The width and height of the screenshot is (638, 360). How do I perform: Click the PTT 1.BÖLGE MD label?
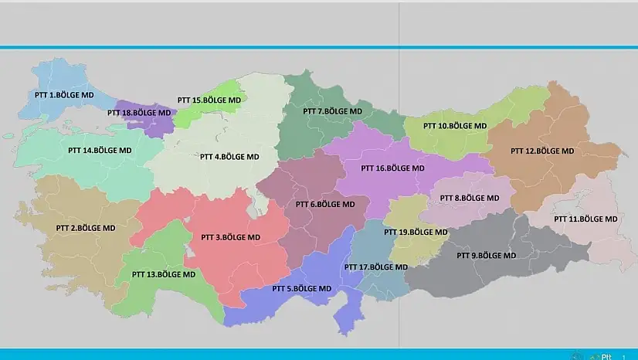(65, 95)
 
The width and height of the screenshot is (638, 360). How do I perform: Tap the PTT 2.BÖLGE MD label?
(86, 229)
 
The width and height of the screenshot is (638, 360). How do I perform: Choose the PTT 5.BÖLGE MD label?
(302, 289)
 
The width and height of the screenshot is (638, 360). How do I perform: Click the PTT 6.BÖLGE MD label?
(325, 205)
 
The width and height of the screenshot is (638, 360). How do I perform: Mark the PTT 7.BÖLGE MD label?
(332, 111)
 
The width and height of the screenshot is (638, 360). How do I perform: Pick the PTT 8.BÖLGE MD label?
(470, 199)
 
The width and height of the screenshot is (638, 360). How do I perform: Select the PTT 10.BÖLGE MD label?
(456, 126)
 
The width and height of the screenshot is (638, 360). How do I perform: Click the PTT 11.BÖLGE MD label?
(585, 219)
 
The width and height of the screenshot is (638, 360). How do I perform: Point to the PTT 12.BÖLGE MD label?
(543, 151)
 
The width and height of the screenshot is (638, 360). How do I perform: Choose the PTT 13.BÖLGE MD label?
(164, 274)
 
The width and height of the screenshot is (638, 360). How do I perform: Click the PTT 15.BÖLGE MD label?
(209, 100)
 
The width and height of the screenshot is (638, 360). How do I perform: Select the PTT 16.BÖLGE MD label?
(393, 168)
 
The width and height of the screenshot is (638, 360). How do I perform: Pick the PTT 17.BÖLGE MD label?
(375, 267)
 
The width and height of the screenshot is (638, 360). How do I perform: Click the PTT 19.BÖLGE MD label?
(416, 232)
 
